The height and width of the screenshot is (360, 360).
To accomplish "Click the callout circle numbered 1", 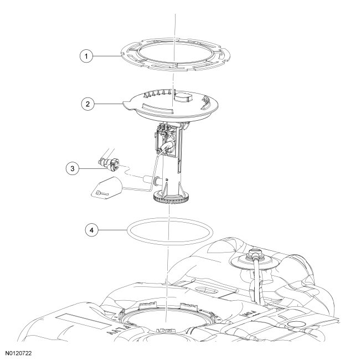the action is (x=86, y=56).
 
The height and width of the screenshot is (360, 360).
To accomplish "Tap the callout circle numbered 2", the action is (x=88, y=104).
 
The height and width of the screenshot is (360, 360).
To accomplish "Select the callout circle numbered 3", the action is (x=73, y=169).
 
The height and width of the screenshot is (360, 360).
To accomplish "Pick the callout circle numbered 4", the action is (x=91, y=230).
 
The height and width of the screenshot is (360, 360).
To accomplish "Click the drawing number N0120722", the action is (x=19, y=353).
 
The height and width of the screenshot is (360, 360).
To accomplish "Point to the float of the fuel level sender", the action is (x=106, y=188).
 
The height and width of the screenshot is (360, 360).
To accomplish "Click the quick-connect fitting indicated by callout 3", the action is (x=109, y=164).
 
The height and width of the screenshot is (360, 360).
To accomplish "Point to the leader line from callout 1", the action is (x=107, y=56).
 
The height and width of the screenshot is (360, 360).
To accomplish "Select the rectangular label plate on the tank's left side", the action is (x=83, y=322).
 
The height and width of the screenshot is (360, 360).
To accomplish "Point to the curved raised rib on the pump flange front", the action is (x=157, y=108).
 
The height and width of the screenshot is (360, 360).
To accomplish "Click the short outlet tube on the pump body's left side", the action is (x=149, y=179).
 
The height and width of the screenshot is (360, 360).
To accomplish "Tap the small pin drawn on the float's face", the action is (x=102, y=193).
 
